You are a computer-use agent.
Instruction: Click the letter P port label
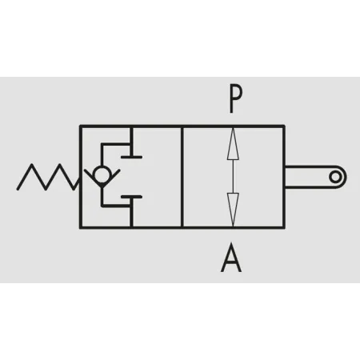coord(236,99)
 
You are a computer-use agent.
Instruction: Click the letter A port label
coord(231,258)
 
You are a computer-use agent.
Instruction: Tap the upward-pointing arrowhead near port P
coord(233,144)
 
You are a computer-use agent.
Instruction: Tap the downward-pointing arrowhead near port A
coord(233,209)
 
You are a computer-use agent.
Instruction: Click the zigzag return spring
coord(49,177)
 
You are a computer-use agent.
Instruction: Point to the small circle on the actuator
coord(335,177)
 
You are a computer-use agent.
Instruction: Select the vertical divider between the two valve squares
coord(182,177)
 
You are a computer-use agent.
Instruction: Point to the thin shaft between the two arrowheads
coord(233,177)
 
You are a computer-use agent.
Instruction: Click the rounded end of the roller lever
coord(342,177)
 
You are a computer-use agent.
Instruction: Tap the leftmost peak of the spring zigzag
coord(32,165)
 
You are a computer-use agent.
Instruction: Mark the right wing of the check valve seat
coord(111,177)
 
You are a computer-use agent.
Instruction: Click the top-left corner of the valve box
coord(81,126)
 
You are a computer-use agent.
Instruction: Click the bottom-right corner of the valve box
coord(284,227)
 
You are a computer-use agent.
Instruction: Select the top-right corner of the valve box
coord(284,126)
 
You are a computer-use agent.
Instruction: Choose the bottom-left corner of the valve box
coord(81,227)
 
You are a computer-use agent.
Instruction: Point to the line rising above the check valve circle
coord(102,154)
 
